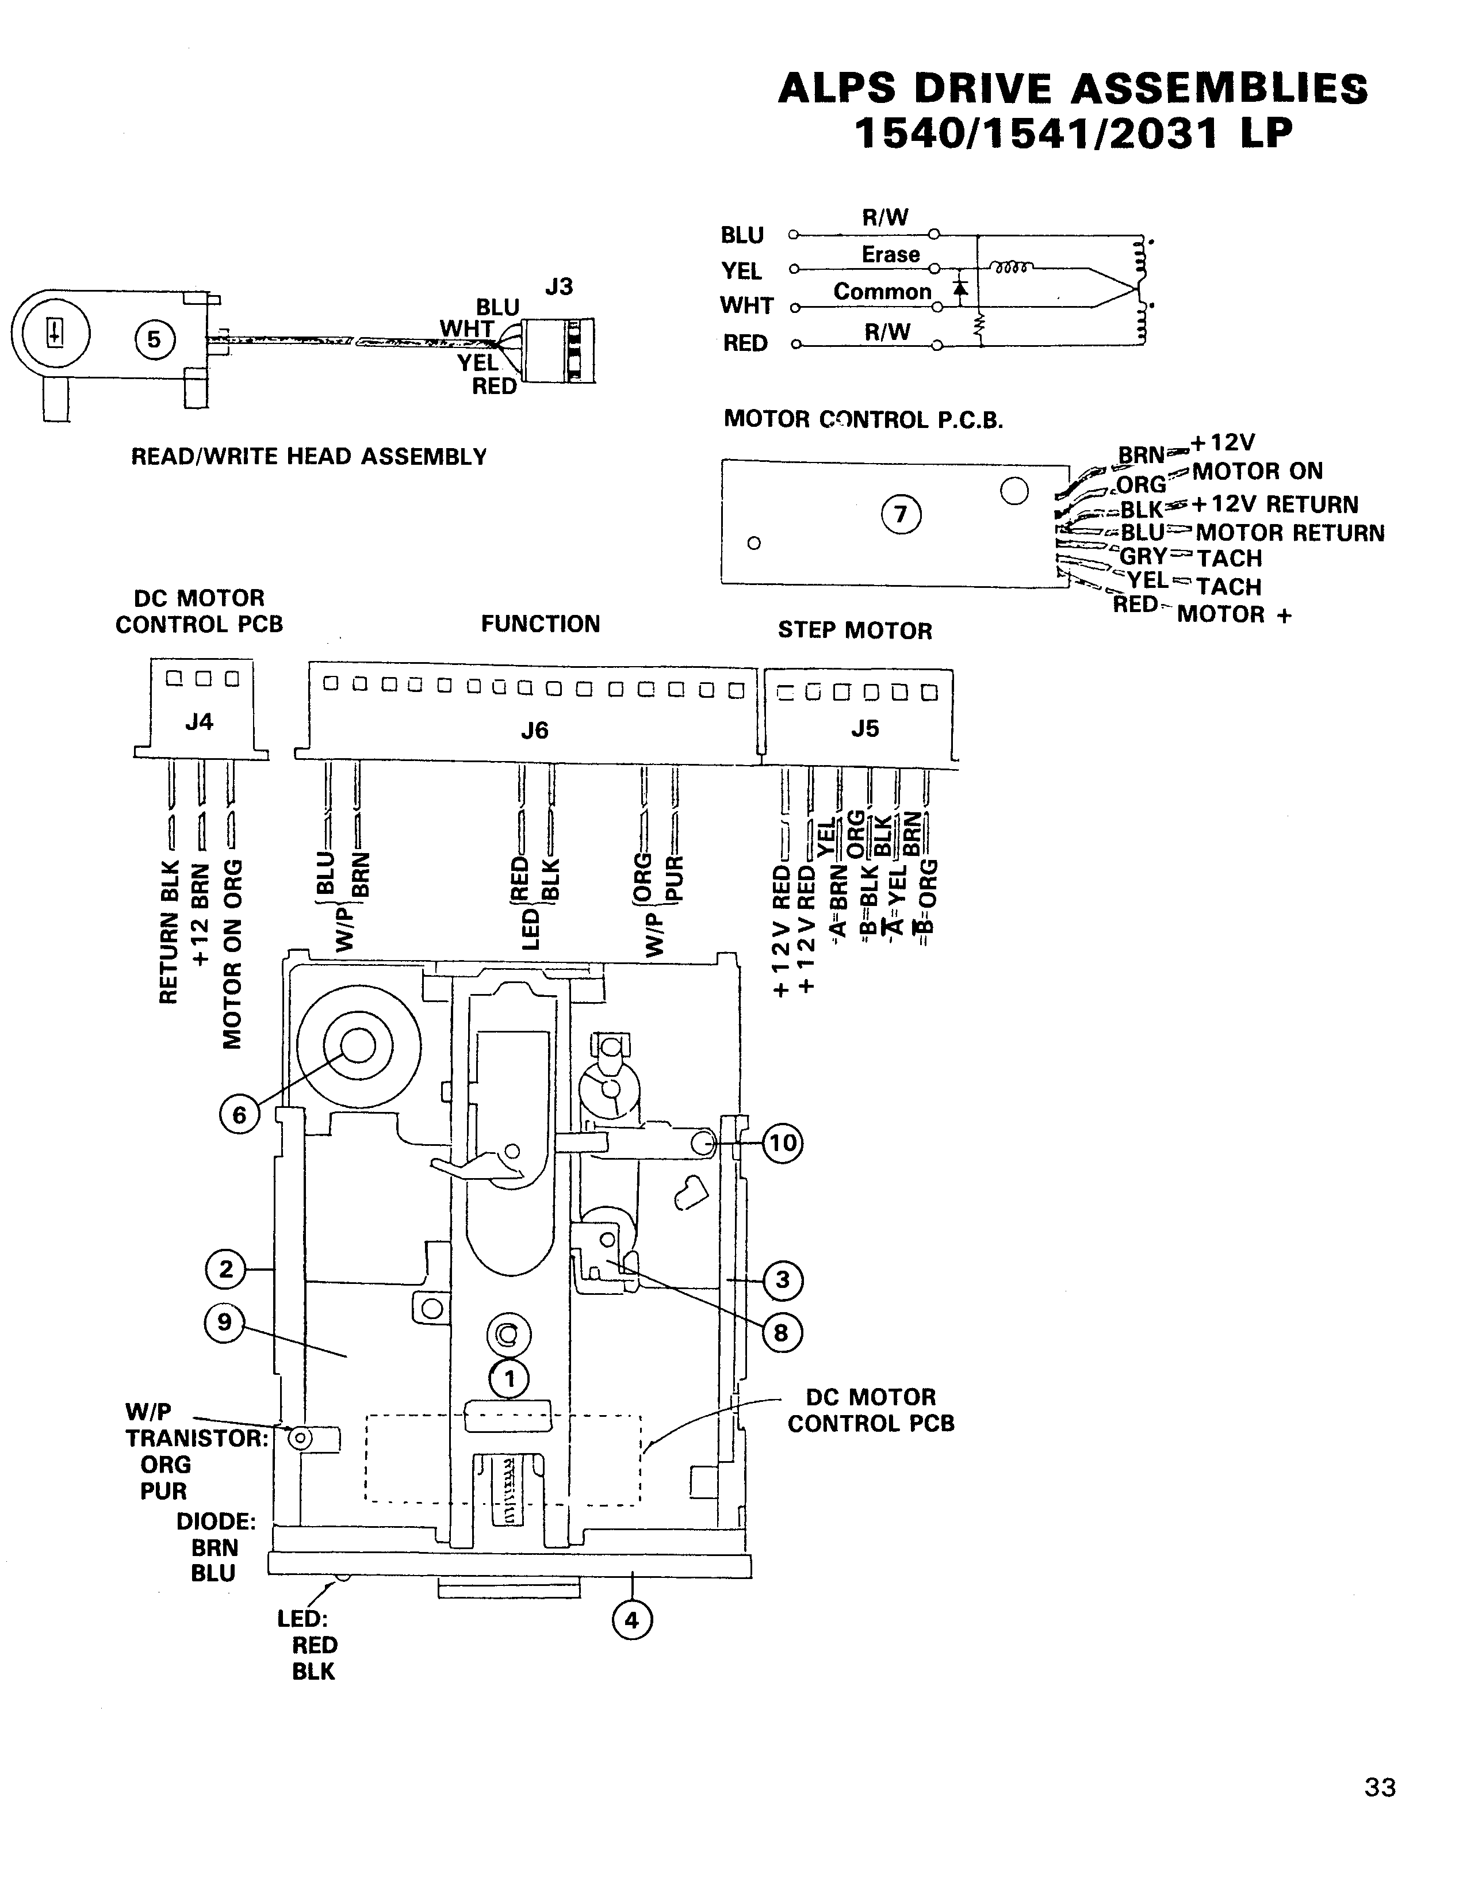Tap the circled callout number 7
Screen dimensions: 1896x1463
tap(901, 515)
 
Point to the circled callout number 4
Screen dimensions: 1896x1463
tap(631, 1620)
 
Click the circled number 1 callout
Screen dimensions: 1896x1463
tap(510, 1379)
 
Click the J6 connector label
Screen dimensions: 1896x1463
tap(534, 731)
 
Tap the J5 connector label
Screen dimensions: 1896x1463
tap(864, 728)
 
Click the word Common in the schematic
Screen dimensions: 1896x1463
tap(882, 292)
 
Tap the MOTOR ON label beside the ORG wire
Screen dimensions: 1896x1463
tap(1257, 471)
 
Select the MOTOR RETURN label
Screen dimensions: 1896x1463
tap(1289, 533)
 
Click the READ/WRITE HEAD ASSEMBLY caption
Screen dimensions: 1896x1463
tap(309, 457)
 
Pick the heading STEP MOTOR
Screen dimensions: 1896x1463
tap(855, 630)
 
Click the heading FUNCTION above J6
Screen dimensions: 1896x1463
tap(541, 624)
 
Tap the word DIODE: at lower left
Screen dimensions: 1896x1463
tap(216, 1522)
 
